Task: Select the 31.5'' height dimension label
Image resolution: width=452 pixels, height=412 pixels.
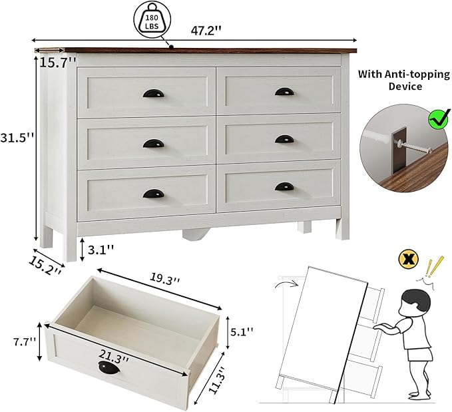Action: point(17,138)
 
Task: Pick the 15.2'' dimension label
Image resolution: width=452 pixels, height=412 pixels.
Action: point(45,264)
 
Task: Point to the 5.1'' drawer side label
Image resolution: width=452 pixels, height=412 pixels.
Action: point(240,331)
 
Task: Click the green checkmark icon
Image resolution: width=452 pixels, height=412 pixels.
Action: point(439,120)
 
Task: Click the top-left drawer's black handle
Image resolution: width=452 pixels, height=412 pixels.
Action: point(152,93)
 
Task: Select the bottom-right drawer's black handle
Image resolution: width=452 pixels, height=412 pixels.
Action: point(284,187)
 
